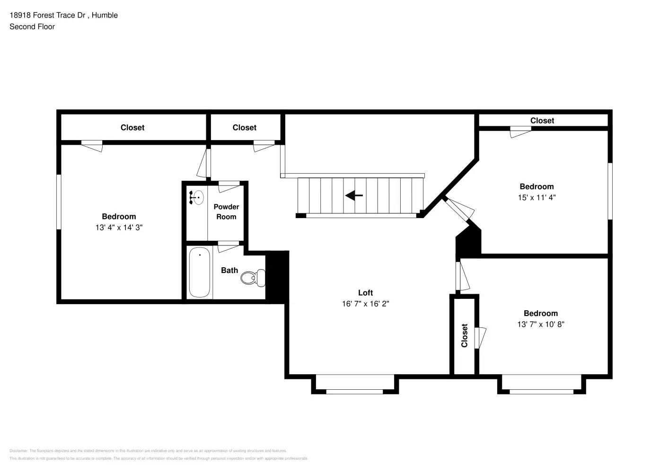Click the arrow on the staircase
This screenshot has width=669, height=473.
(x=354, y=195)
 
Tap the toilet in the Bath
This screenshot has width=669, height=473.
(x=253, y=278)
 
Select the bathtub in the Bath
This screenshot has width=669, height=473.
(x=200, y=272)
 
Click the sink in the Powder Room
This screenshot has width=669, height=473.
(x=197, y=197)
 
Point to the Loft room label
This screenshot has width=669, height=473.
(x=365, y=293)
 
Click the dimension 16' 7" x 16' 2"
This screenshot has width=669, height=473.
(x=365, y=304)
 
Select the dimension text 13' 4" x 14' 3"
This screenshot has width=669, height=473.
(x=119, y=228)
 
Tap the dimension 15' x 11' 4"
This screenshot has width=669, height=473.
(x=537, y=198)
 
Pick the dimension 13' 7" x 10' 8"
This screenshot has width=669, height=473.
(x=540, y=324)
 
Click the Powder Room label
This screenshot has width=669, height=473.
(x=226, y=212)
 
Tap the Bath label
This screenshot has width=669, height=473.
(x=229, y=271)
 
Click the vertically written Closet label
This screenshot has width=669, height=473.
(x=464, y=335)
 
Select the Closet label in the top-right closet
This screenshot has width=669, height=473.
(x=542, y=121)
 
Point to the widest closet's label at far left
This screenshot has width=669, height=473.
(x=132, y=128)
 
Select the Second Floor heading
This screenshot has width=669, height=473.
(x=32, y=27)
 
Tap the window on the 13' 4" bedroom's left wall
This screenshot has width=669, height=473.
(x=59, y=202)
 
